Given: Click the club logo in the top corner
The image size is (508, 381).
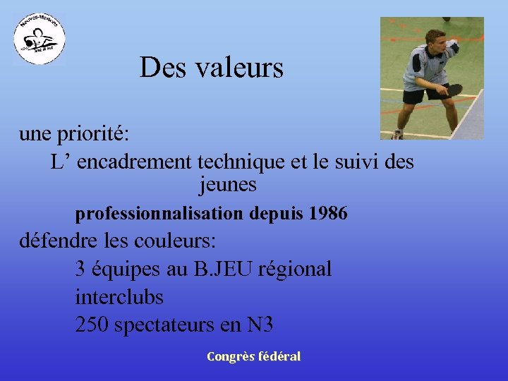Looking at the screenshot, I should [x=40, y=38].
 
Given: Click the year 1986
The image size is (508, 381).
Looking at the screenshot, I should [x=328, y=213].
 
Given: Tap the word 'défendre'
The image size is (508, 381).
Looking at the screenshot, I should [x=59, y=241].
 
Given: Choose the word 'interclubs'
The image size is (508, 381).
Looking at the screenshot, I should [x=119, y=297].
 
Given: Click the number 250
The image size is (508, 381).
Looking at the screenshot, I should [x=92, y=325].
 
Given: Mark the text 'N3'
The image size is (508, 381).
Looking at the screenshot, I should [x=260, y=325].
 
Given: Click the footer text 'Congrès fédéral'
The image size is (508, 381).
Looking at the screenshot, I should [x=254, y=356].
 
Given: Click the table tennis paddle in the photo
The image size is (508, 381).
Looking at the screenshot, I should [x=454, y=90].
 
